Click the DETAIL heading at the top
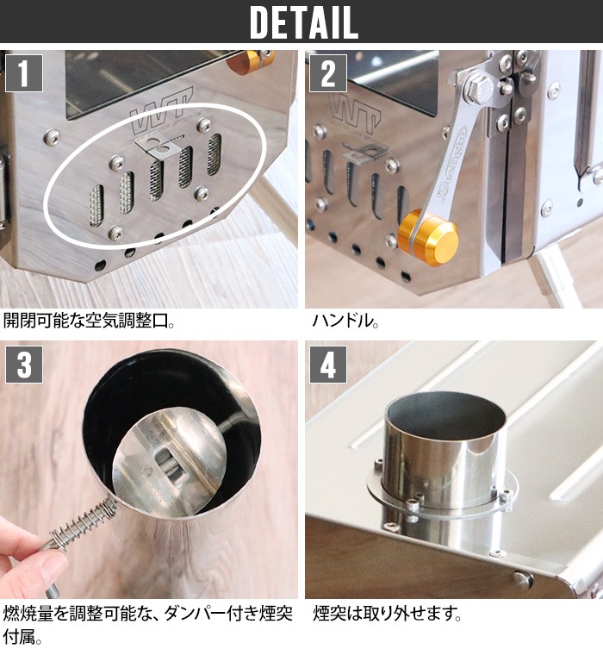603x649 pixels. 302,22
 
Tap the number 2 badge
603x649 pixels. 327,73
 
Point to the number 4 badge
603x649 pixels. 327,365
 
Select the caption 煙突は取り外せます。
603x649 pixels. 388,615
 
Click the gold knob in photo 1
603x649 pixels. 252,60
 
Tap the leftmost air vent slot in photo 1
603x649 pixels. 96,204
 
